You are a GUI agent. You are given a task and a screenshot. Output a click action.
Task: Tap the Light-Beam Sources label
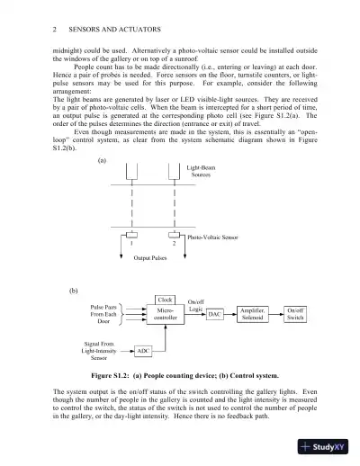[200, 171]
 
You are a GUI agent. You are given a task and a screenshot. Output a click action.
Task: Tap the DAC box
[214, 315]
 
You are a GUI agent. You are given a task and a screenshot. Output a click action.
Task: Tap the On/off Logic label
[195, 305]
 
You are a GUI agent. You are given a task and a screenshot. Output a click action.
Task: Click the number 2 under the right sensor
[172, 243]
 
